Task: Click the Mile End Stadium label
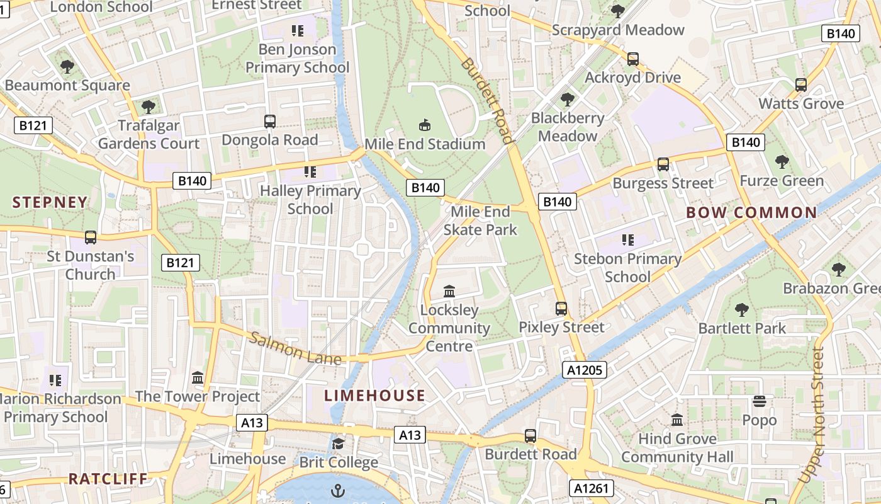coord(425,144)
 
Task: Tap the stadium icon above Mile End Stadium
coord(425,125)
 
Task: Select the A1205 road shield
coord(585,370)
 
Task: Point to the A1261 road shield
coord(591,488)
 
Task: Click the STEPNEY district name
coord(50,202)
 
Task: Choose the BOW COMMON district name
coord(751,212)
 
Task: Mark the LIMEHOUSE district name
coord(374,396)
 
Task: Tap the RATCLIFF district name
coord(108,479)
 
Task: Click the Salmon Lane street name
coord(295,348)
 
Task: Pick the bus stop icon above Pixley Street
coord(561,309)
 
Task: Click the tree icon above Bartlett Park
coord(742,309)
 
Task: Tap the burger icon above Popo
coord(760,401)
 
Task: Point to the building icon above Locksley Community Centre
coord(449,291)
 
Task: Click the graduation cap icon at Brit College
coord(339,444)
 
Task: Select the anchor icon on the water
coord(339,490)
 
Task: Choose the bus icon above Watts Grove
coord(801,84)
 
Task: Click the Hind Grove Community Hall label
coord(677,448)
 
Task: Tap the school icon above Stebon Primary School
coord(627,239)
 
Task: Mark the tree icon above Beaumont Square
coord(67,66)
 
